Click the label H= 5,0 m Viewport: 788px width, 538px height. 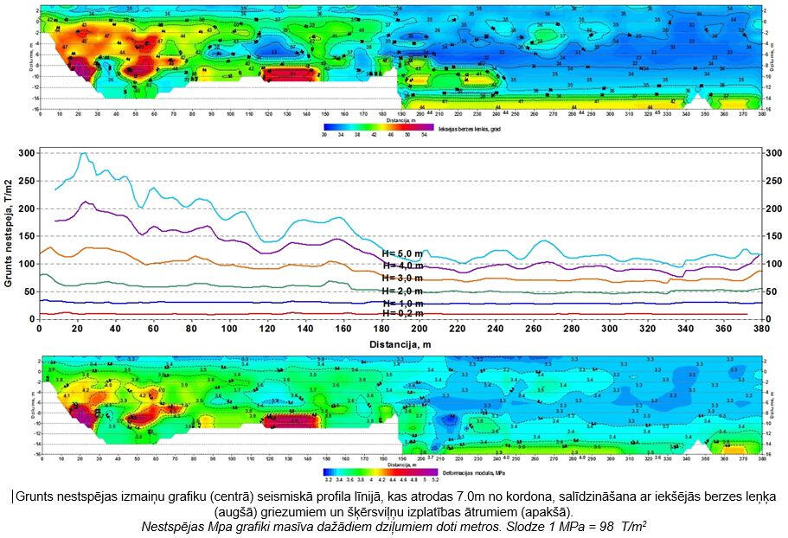pyautogui.click(x=402, y=253)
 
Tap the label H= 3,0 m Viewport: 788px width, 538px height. pyautogui.click(x=402, y=279)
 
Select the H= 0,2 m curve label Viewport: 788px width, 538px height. pyautogui.click(x=402, y=314)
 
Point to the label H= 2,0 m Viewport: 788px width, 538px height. pyautogui.click(x=402, y=291)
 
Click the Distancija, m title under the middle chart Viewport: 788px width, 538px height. pyautogui.click(x=400, y=343)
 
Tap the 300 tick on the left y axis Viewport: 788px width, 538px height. pyautogui.click(x=29, y=153)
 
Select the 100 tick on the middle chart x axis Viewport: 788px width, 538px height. pyautogui.click(x=229, y=330)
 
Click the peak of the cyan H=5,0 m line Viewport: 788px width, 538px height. pyautogui.click(x=84, y=154)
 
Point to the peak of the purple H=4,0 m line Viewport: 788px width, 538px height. pyautogui.click(x=86, y=202)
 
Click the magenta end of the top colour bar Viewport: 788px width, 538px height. pyautogui.click(x=427, y=126)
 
